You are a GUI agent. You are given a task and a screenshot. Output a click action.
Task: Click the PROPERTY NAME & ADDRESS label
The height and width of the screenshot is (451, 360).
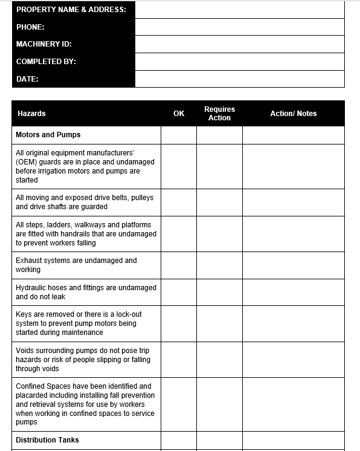(71, 10)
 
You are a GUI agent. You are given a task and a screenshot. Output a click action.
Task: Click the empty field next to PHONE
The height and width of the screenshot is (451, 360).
(239, 27)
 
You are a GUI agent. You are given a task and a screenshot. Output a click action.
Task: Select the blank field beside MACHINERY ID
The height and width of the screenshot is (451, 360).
(239, 44)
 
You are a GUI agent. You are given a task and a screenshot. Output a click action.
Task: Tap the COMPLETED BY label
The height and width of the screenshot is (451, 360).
(46, 62)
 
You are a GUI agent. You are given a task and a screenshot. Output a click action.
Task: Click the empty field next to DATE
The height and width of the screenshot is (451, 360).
(239, 79)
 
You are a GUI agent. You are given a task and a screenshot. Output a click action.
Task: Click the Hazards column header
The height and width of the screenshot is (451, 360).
(31, 114)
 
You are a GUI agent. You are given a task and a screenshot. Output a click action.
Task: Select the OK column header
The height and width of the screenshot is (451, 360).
(179, 114)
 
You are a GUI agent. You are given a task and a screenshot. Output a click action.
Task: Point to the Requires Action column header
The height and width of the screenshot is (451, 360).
(219, 114)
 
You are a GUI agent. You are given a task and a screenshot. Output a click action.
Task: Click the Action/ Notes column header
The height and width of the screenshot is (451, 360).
(293, 114)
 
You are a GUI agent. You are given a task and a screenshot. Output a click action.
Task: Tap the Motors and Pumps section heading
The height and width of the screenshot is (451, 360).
(48, 135)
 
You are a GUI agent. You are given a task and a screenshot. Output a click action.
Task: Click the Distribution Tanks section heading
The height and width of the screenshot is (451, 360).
(47, 440)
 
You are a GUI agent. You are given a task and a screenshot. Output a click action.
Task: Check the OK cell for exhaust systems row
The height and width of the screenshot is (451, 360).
(179, 265)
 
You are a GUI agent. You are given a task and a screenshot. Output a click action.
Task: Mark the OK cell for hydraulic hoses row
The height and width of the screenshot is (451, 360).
(179, 292)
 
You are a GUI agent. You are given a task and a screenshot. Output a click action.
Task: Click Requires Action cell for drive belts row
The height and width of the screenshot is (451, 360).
(219, 202)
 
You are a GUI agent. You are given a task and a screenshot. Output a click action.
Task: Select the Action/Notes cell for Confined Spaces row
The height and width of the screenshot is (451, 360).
(293, 404)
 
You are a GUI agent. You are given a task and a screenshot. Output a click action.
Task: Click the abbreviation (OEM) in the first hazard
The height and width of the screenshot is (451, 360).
(27, 162)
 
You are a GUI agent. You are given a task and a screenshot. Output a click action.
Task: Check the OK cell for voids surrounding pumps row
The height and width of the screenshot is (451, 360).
(179, 360)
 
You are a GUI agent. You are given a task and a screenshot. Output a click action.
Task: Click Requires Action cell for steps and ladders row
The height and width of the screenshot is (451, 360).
(219, 234)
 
